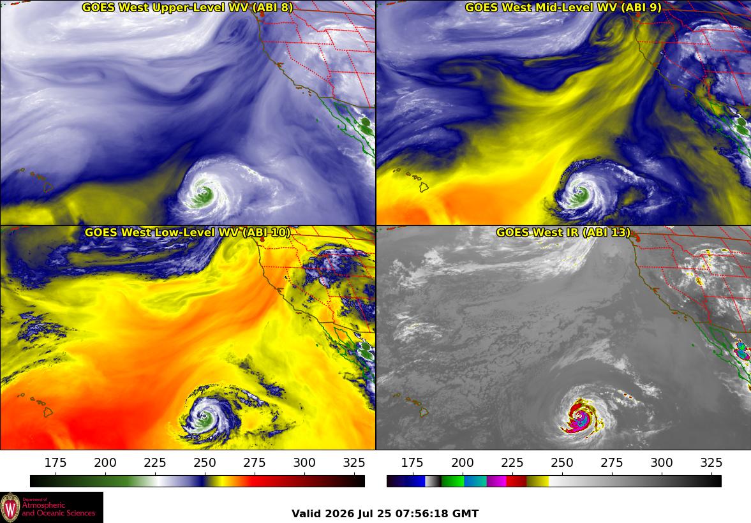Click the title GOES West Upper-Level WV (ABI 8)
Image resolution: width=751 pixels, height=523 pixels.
point(187,7)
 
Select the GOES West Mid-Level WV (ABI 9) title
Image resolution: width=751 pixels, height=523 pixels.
point(563,7)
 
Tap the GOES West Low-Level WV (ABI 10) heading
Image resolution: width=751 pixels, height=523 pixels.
point(187,232)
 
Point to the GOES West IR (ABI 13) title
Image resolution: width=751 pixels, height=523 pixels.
point(563,232)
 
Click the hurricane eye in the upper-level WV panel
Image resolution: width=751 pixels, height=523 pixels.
point(204,194)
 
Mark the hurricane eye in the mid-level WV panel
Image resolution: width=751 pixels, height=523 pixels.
point(581,194)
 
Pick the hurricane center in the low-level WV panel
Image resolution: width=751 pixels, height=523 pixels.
point(205,418)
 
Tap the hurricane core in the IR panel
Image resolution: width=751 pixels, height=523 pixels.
point(581,418)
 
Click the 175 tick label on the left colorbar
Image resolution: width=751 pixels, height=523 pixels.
point(56,462)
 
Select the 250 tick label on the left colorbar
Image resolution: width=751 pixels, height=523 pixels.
point(205,462)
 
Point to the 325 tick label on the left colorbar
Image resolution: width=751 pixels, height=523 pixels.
point(354,462)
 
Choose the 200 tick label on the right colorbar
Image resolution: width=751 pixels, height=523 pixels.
point(462,462)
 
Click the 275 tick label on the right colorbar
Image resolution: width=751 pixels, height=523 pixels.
point(612,462)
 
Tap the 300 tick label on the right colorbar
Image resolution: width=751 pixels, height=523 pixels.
point(662,462)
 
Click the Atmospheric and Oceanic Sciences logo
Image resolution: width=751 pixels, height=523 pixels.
point(52,507)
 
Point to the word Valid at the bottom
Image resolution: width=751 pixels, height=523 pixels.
point(306,514)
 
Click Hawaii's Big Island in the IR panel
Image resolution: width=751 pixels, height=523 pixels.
point(424,411)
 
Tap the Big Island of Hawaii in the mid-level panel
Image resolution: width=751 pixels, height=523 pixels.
point(424,187)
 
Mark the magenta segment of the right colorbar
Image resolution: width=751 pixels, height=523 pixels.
point(496,481)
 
